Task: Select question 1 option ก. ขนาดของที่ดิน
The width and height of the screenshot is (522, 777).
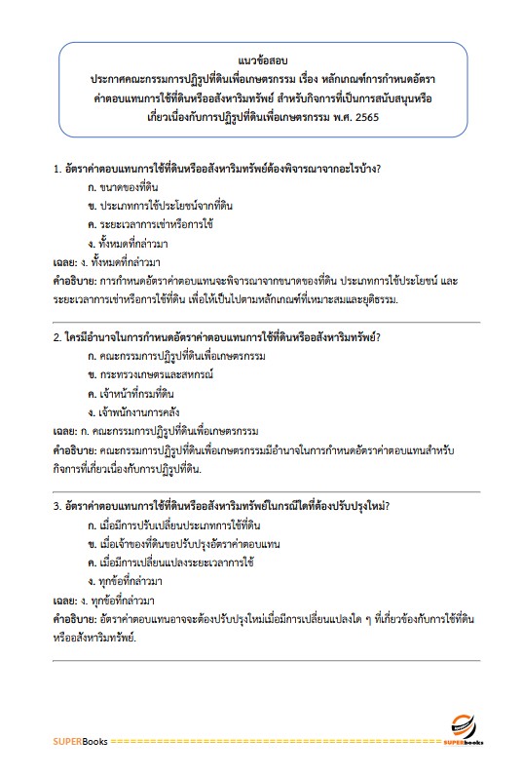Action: click(122, 186)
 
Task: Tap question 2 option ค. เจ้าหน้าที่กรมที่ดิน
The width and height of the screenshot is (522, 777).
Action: click(130, 393)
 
